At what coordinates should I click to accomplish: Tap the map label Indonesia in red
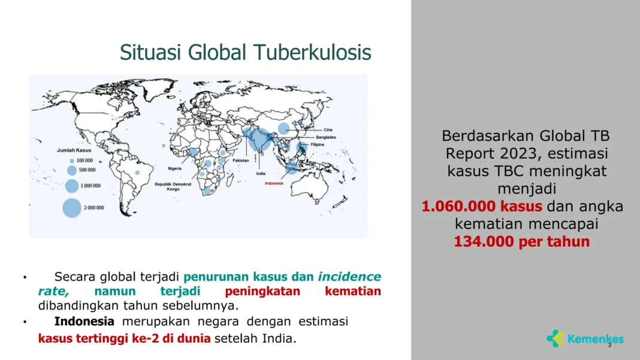(274, 183)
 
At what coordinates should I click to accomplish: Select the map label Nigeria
(175, 168)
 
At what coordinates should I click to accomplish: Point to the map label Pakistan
(240, 161)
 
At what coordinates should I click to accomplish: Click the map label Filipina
(318, 144)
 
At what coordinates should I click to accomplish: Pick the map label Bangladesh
(325, 137)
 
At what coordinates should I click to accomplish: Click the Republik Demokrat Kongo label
(173, 186)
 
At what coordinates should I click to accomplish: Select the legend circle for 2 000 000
(71, 207)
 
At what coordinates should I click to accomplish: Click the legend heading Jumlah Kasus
(74, 150)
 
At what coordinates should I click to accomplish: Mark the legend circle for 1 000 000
(71, 186)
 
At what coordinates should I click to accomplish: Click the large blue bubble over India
(259, 139)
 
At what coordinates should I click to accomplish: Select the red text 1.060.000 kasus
(482, 207)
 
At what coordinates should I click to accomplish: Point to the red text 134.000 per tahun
(521, 242)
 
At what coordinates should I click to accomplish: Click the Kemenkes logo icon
(555, 338)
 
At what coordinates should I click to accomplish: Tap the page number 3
(609, 346)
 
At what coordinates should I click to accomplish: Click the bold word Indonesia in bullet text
(84, 322)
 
